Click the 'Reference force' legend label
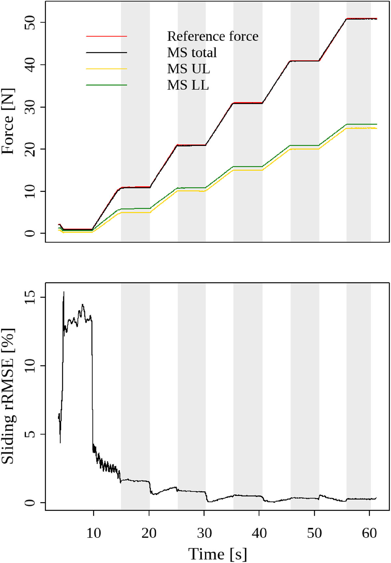coord(212,36)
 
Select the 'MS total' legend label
coord(192,52)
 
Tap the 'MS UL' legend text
coord(188,69)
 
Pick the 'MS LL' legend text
coord(188,85)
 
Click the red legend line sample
coord(106,36)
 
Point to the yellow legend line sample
coord(106,69)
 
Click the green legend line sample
coord(106,85)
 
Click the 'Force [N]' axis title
coord(8,121)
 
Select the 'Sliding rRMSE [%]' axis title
coord(8,396)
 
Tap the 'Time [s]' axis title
coord(217,553)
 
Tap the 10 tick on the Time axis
coord(94,533)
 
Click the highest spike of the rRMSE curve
coord(64,292)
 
